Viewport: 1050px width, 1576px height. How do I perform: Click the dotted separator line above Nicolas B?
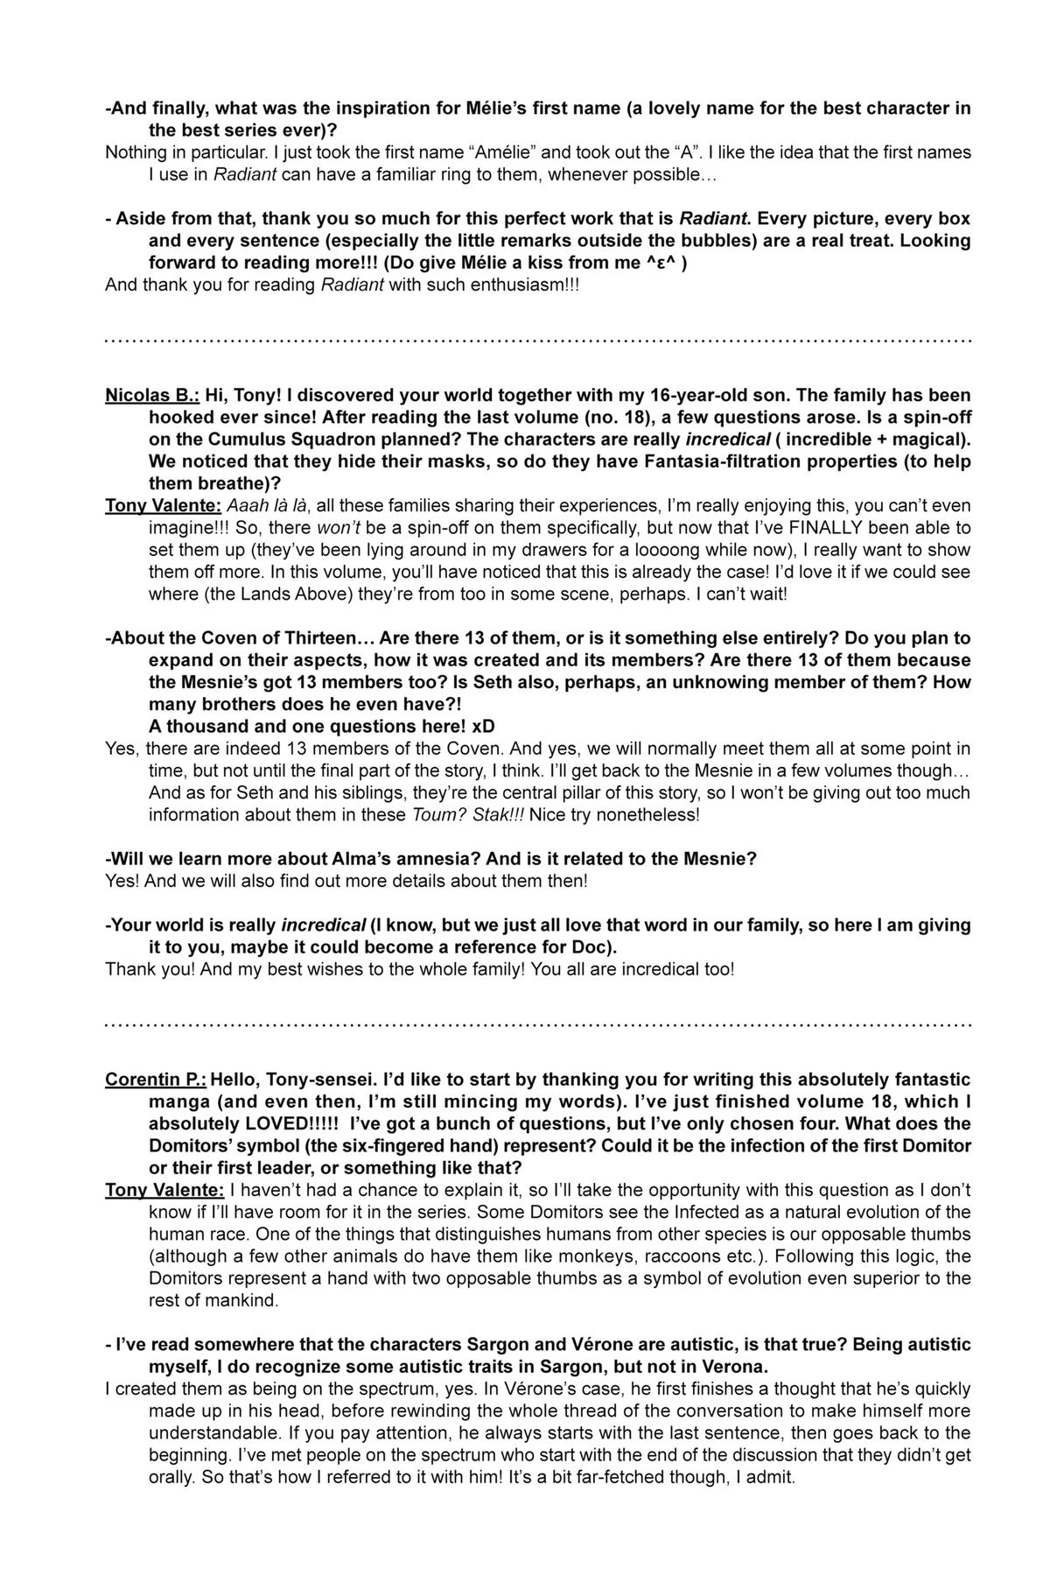(x=538, y=341)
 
